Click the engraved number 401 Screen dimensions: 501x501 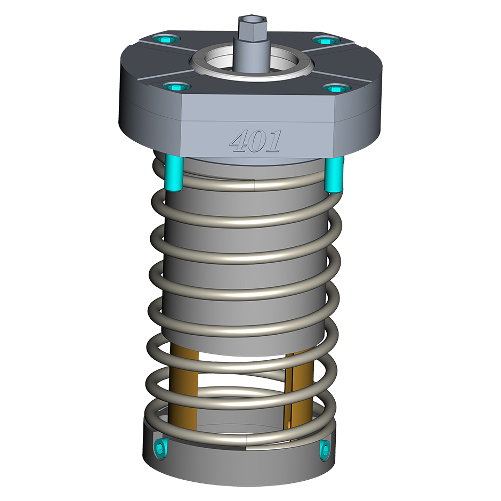pos(256,141)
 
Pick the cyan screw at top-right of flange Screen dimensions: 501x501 pos(326,41)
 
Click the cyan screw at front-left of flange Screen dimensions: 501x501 pos(176,87)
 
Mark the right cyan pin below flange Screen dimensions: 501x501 pos(334,174)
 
